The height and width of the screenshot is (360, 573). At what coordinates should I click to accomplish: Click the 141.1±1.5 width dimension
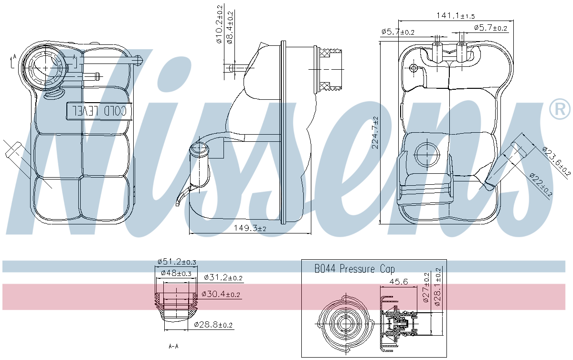[456, 16]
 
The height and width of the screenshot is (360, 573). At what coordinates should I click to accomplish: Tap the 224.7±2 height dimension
[375, 133]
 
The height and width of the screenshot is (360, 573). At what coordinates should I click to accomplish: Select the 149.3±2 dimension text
[250, 228]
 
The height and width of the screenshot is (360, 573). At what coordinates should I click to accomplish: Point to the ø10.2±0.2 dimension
[219, 24]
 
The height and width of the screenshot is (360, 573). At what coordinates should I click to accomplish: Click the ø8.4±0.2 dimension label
[230, 27]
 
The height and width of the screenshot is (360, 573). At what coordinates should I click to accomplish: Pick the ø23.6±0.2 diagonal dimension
[556, 161]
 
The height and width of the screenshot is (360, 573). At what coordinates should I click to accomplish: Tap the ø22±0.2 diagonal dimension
[541, 185]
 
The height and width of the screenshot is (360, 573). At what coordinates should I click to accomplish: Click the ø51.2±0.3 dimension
[177, 262]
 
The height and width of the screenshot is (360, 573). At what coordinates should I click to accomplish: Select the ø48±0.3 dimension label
[176, 273]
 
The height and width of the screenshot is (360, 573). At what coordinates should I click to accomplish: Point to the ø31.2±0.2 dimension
[223, 277]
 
